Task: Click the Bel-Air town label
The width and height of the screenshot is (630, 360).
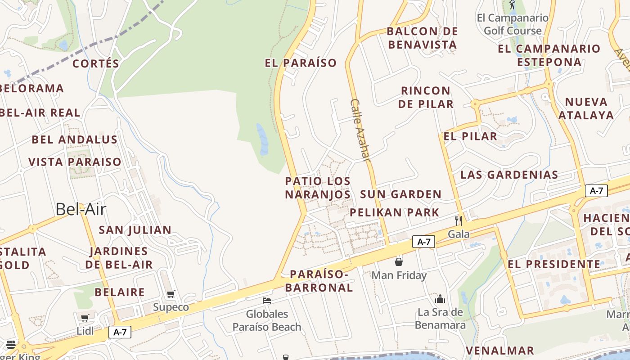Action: coord(81,209)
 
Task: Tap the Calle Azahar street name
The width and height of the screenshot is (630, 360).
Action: coord(361,130)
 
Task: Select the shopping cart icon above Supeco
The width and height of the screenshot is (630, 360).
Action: coord(171,294)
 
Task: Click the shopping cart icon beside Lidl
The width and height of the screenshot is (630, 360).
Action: coord(85,318)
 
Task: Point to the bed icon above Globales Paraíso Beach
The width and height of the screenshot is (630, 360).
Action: coord(267,301)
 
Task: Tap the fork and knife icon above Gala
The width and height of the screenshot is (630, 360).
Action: coord(458,220)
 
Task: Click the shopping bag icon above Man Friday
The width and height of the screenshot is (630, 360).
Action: coord(399,261)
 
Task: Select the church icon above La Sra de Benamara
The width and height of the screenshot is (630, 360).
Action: coord(440,298)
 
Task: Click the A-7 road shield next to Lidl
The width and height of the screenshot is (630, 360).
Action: coord(120,333)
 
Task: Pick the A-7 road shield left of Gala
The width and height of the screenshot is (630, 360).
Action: coord(423,242)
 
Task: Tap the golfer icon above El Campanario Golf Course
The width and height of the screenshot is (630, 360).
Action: coord(512,5)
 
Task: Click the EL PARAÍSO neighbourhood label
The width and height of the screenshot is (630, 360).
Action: coord(301,63)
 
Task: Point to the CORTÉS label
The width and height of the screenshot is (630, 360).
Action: coord(96,63)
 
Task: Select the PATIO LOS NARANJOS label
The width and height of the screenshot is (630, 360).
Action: coord(318,188)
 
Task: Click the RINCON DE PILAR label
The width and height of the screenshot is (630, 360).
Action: coord(426,97)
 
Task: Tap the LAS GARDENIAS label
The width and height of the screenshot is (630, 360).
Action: coord(509,175)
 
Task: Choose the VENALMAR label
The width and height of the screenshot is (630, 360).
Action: coord(499,350)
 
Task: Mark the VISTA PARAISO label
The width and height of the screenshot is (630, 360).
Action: coord(75,162)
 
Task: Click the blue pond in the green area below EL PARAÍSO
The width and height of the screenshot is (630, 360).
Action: coord(262,139)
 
